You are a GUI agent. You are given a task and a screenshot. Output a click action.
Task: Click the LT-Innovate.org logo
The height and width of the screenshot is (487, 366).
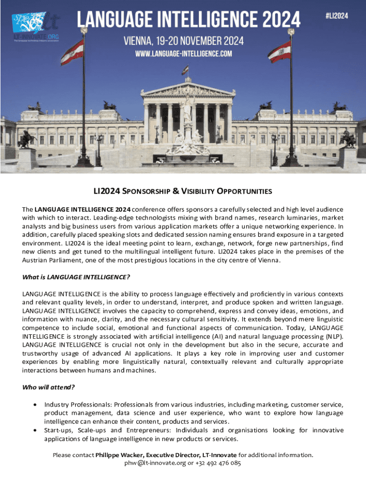tap(36, 26)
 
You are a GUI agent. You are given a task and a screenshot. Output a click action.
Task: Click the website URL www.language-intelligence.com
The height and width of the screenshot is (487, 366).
tap(183, 54)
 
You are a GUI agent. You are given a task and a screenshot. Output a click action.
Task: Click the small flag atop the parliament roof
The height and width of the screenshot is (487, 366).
tap(185, 70)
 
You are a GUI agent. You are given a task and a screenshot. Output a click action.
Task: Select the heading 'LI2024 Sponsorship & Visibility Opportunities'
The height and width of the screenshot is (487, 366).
tap(183, 192)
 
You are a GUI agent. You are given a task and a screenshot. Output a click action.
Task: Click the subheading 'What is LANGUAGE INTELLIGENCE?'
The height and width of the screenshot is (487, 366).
tap(76, 277)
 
